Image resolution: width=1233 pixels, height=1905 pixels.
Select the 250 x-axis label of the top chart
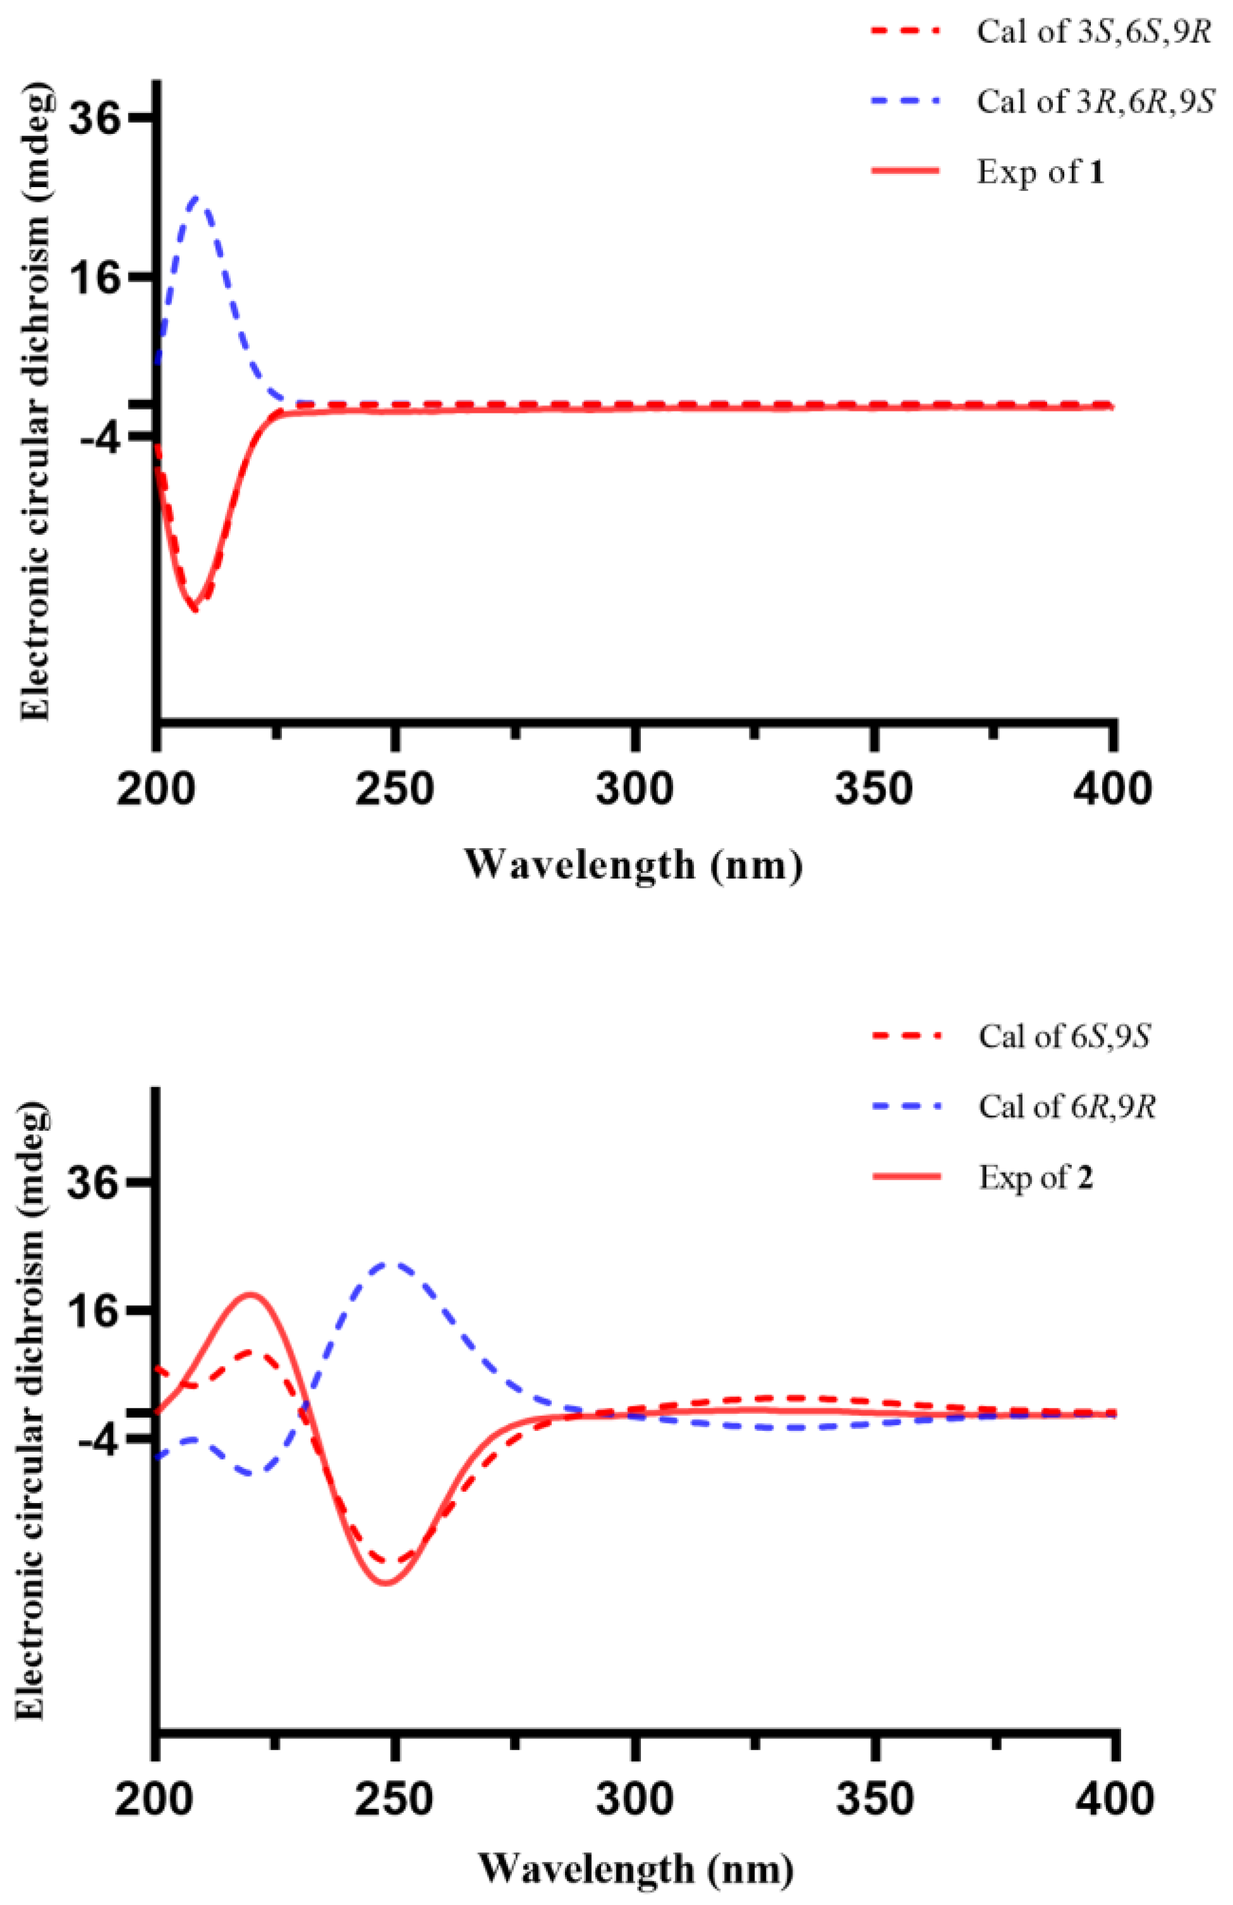point(394,788)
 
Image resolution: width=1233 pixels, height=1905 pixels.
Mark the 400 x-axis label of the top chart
point(1112,788)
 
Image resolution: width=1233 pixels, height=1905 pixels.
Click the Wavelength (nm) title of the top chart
point(633,865)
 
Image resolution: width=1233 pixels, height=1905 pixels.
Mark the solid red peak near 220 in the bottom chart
point(250,1293)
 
